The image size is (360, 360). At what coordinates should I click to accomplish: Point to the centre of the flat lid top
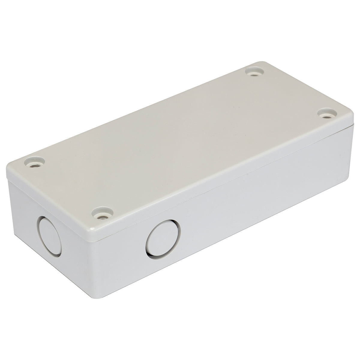180,141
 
